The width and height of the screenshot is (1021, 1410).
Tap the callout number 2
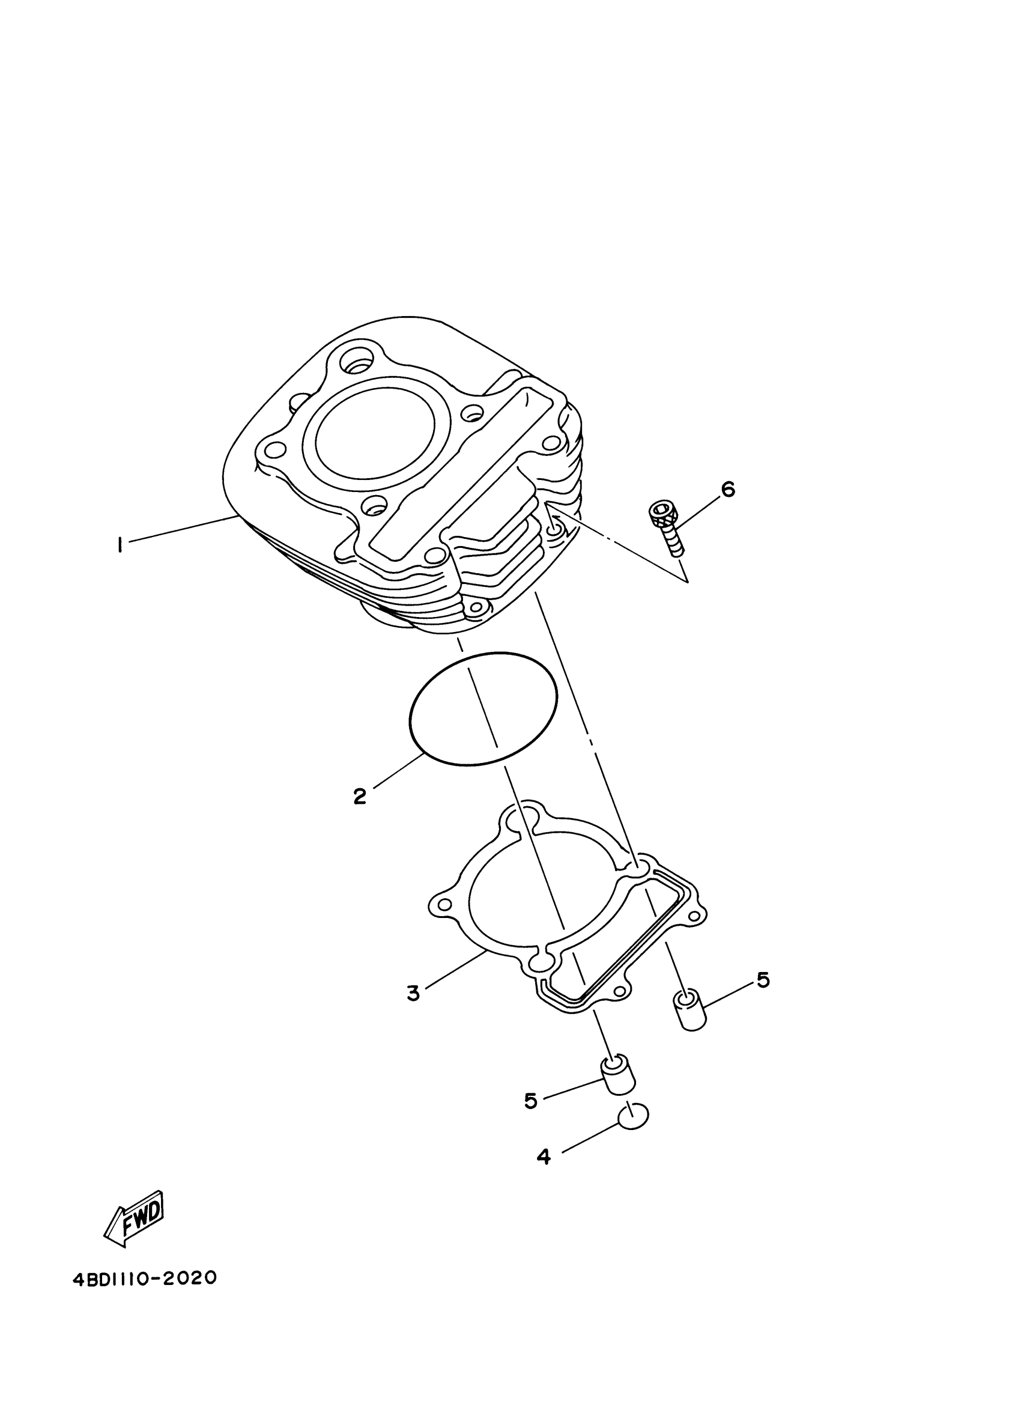tap(360, 797)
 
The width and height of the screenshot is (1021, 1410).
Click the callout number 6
tap(727, 489)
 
